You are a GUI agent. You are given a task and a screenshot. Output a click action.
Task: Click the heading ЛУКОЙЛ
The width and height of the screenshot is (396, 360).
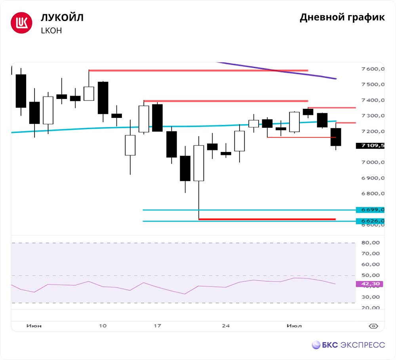tap(62, 18)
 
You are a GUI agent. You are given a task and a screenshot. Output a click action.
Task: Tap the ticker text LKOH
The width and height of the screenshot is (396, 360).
tap(51, 30)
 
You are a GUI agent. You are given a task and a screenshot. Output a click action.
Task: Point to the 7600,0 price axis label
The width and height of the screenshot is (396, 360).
tap(373, 69)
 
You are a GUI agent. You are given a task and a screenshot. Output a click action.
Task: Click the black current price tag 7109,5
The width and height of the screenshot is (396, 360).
tap(370, 146)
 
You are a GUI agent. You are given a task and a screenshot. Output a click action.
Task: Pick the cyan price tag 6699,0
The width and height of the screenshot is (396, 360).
tap(370, 210)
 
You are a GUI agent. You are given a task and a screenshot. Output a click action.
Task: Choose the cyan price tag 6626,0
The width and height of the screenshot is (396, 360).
tap(370, 221)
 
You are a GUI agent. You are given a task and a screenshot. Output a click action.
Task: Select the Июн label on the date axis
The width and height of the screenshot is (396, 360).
tap(34, 326)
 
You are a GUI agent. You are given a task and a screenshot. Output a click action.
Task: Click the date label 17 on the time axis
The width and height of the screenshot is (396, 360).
tap(157, 326)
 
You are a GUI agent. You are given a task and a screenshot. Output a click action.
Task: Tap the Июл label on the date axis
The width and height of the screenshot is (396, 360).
tap(294, 326)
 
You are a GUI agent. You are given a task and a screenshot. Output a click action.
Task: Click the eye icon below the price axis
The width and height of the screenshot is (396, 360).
tap(373, 326)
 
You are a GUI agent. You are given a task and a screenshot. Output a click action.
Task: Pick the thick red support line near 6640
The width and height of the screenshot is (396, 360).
tap(267, 219)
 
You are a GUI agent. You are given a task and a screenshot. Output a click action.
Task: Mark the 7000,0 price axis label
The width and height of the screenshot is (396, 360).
tap(373, 162)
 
